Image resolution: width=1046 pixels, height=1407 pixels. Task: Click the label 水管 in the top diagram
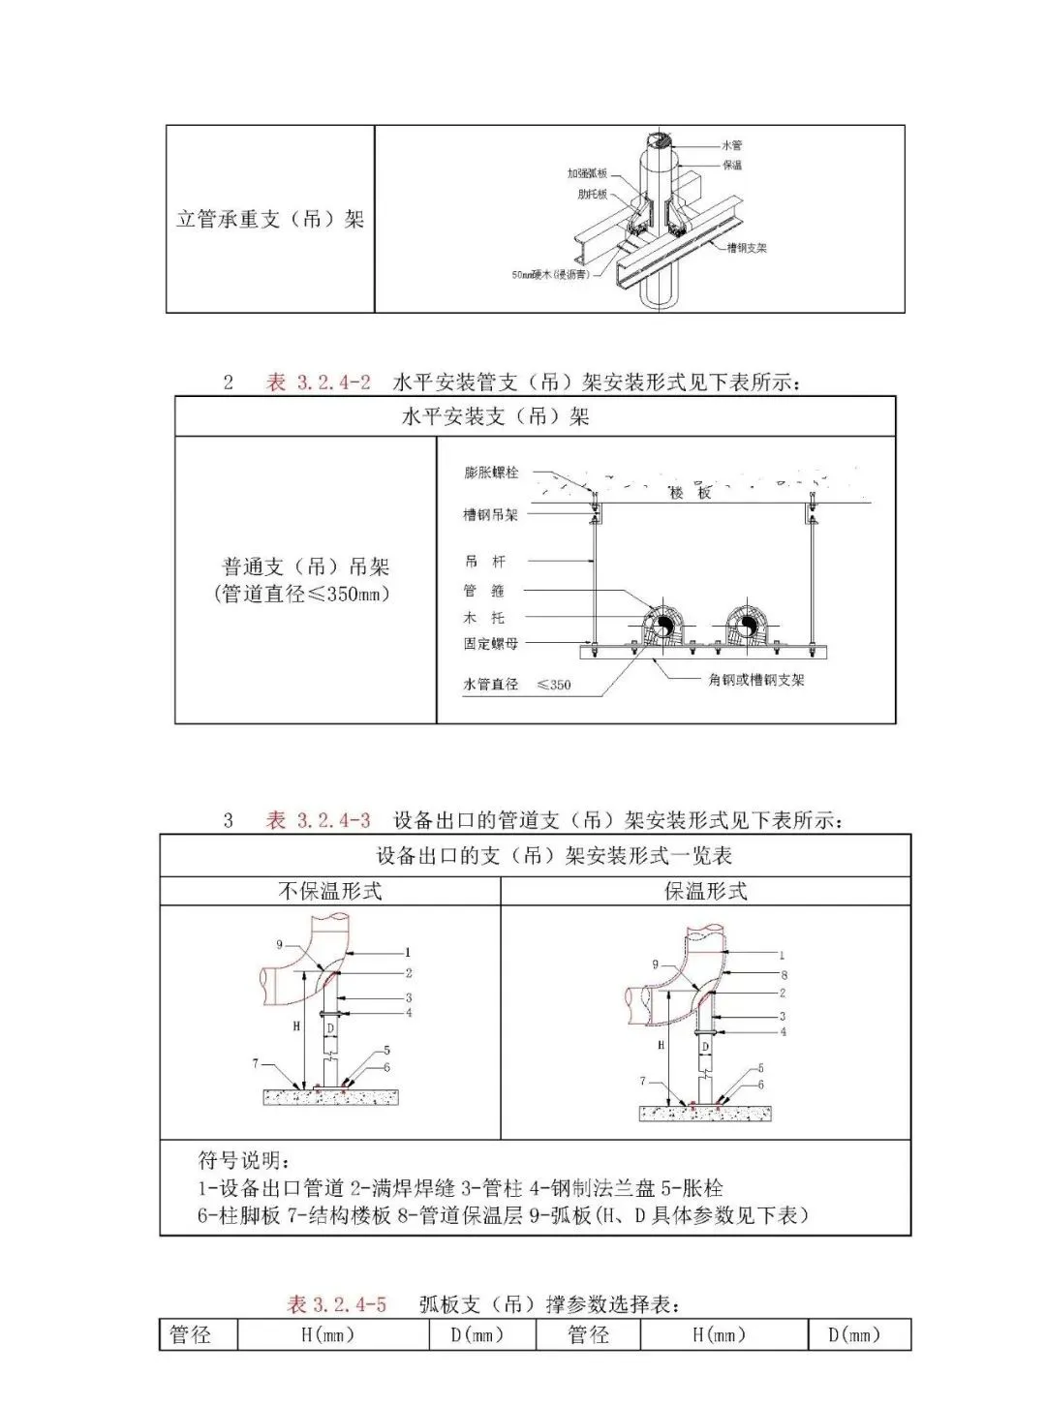(x=732, y=145)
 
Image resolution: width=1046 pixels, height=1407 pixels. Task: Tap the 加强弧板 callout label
(x=587, y=172)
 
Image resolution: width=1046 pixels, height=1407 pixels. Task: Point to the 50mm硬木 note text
(x=549, y=274)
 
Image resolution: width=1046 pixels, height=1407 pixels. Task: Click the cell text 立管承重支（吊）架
(x=270, y=219)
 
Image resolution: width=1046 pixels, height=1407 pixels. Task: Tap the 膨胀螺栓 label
(x=491, y=473)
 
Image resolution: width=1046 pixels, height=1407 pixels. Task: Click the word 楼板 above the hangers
(x=691, y=492)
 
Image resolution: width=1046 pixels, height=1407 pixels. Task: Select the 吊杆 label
(x=485, y=561)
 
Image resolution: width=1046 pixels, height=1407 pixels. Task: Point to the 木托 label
(x=484, y=617)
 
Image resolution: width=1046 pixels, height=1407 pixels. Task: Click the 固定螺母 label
(x=490, y=643)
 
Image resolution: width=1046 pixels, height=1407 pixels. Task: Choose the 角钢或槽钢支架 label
(x=756, y=680)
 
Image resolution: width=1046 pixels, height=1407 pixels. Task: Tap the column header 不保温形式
(x=330, y=891)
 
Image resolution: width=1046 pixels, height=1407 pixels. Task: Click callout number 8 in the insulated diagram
(x=784, y=975)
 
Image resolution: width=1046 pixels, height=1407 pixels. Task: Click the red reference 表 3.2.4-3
(x=319, y=821)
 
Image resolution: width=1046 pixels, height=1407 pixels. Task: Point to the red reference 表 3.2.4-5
(x=336, y=1304)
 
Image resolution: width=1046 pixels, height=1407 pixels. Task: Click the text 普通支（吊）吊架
(x=306, y=566)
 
